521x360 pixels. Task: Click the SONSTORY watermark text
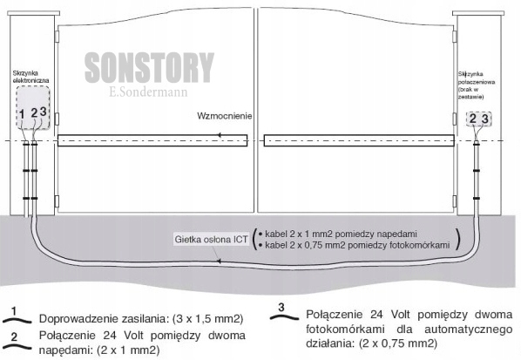pyautogui.click(x=149, y=67)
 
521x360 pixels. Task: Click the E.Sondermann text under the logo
pyautogui.click(x=148, y=92)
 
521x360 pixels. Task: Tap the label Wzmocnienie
pyautogui.click(x=224, y=116)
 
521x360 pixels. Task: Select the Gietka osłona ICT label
pyautogui.click(x=211, y=240)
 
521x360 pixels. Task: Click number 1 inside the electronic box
pyautogui.click(x=22, y=114)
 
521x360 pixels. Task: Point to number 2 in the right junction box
pyautogui.click(x=472, y=119)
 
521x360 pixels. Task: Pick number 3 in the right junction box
pyautogui.click(x=484, y=119)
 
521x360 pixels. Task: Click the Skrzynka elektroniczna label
pyautogui.click(x=30, y=77)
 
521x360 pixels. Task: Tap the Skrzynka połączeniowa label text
pyautogui.click(x=477, y=85)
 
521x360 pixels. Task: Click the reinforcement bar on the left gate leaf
pyautogui.click(x=152, y=140)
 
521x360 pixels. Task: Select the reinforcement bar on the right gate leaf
pyautogui.click(x=359, y=140)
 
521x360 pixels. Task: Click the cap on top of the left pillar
pyautogui.click(x=34, y=13)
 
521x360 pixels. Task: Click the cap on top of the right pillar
pyautogui.click(x=478, y=13)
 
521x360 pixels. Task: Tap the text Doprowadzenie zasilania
pyautogui.click(x=102, y=319)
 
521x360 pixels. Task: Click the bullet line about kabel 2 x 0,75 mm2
pyautogui.click(x=355, y=245)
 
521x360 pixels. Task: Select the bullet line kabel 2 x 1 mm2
pyautogui.click(x=337, y=234)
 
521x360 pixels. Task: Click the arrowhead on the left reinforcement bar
pyautogui.click(x=219, y=135)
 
